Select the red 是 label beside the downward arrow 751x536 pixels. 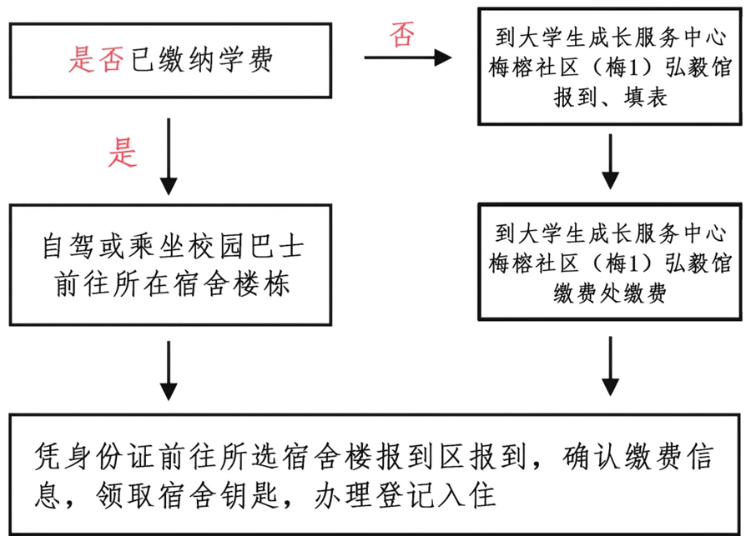click(123, 153)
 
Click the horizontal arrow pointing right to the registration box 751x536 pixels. click(407, 58)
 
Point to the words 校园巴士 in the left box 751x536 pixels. click(248, 248)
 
